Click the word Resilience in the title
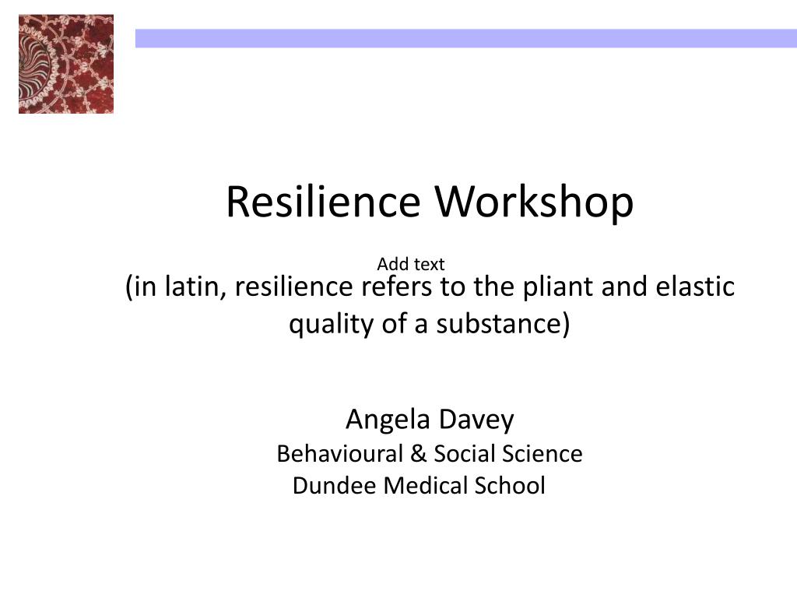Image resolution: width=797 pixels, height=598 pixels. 323,202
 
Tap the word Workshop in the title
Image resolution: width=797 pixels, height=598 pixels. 534,202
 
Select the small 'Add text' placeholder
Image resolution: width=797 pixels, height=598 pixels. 411,264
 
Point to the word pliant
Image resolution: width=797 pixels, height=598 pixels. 559,287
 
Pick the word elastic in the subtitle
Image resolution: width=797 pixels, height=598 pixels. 695,287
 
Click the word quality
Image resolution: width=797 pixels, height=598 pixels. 331,325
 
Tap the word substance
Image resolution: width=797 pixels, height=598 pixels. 499,324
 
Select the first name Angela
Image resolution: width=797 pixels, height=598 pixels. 388,420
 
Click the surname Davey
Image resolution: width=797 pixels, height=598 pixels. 476,420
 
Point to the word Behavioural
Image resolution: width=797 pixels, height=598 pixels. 340,454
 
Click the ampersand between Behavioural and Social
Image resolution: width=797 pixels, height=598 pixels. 418,454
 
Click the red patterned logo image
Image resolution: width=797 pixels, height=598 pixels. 66,64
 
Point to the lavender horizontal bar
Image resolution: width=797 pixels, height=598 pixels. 466,39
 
